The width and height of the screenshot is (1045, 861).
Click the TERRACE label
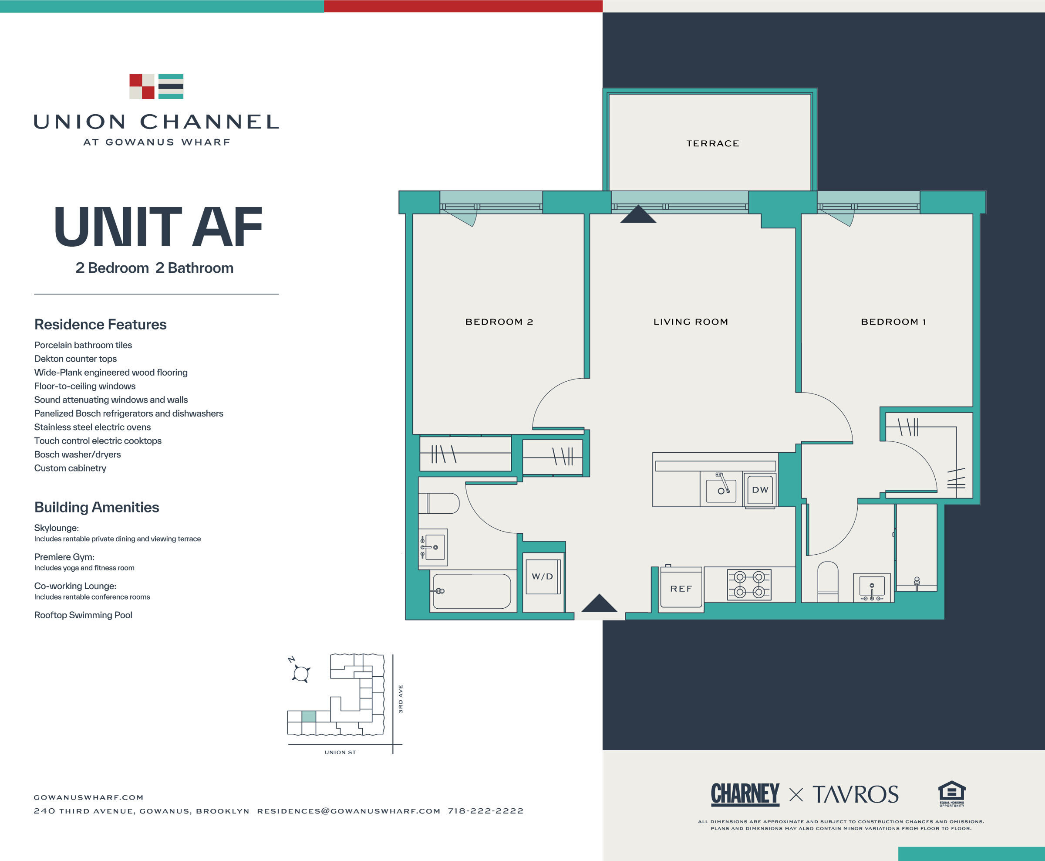(x=712, y=143)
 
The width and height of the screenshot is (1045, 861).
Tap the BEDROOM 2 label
(x=499, y=322)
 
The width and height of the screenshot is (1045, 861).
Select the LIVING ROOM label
(x=691, y=322)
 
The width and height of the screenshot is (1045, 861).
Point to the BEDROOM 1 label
(x=893, y=322)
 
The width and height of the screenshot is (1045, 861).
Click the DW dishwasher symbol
(x=760, y=490)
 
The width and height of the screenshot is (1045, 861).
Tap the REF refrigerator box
(x=681, y=589)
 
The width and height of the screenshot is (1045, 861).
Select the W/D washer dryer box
(x=543, y=576)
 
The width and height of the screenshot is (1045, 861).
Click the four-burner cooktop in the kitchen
(x=748, y=584)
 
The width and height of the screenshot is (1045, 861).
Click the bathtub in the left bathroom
(x=471, y=591)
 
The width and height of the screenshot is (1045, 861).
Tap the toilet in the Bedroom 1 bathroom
(x=827, y=581)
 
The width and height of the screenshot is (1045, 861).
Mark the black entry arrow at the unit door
(x=599, y=603)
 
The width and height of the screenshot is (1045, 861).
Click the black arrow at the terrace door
(x=638, y=214)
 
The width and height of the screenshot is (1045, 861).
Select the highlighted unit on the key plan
(x=309, y=717)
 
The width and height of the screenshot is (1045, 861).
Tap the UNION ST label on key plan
(x=340, y=753)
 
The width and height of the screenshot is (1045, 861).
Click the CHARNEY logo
(x=745, y=794)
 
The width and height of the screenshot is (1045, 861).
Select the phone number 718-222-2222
(x=485, y=811)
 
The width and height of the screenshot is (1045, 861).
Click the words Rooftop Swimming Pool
(x=83, y=615)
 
